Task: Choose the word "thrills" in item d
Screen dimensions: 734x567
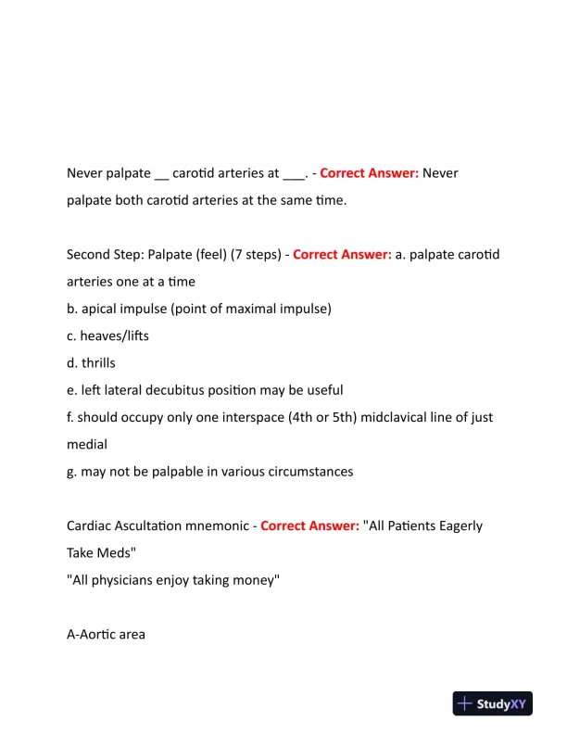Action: (102, 362)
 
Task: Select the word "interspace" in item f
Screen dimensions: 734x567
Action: (268, 417)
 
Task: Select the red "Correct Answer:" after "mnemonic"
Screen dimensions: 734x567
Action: (309, 525)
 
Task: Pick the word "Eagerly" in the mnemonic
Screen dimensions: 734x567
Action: (454, 525)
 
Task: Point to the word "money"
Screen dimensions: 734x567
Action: (255, 580)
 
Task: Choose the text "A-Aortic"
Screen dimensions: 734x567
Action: (90, 635)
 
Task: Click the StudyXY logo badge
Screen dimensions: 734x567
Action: (492, 703)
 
